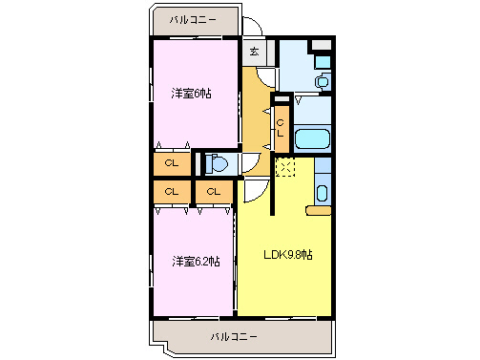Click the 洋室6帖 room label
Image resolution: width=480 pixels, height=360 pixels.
tap(191, 93)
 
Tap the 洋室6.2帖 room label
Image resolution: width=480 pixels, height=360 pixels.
tap(196, 261)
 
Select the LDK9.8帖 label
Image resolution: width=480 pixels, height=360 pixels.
tap(289, 255)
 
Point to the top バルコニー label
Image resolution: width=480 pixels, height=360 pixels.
tap(193, 19)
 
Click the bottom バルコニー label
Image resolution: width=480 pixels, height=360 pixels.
tap(234, 336)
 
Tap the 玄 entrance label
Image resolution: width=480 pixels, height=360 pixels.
tap(255, 53)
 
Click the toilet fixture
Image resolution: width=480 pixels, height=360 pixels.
tap(219, 164)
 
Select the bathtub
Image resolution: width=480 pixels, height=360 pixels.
tap(312, 139)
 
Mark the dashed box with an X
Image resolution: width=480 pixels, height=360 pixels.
tap(284, 168)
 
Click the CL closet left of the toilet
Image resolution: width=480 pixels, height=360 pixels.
tap(172, 163)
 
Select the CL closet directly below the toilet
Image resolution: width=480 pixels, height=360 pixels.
tap(214, 192)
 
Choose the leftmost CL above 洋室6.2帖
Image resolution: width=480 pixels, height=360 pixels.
tap(172, 192)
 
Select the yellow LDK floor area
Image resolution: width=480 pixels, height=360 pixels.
tap(286, 286)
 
